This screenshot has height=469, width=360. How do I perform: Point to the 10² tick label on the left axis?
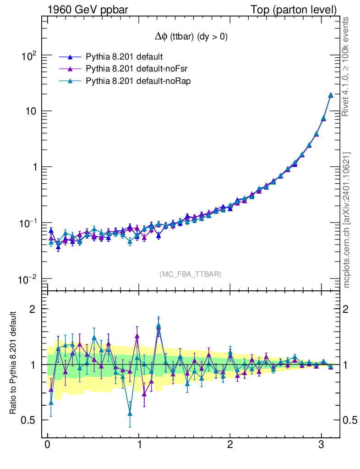click(28, 56)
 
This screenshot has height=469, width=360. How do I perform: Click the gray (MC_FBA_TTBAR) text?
click(190, 274)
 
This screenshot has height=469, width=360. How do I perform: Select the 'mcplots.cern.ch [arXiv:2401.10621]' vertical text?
click(347, 220)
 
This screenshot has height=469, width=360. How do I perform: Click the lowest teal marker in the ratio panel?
click(130, 413)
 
